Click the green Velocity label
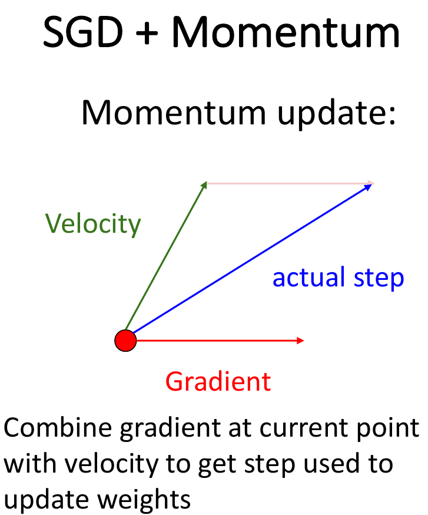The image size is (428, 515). click(x=93, y=225)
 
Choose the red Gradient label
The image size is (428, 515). click(x=218, y=382)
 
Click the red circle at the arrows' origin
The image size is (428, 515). click(x=125, y=340)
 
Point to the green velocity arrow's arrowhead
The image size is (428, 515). click(x=204, y=184)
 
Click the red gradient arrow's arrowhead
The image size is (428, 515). click(x=301, y=340)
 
